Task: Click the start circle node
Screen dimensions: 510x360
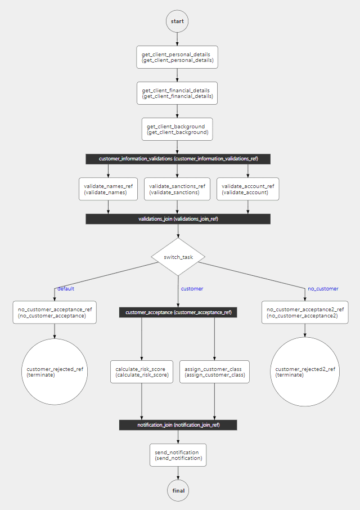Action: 177,21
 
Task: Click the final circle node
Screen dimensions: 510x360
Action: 178,490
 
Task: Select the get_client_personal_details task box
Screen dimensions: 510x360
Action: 177,57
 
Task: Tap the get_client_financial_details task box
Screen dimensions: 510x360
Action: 177,93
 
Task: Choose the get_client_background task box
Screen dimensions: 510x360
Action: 177,129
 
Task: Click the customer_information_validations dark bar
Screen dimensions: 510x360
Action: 178,159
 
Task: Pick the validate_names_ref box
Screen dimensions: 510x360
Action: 108,189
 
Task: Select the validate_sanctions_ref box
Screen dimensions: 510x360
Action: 177,189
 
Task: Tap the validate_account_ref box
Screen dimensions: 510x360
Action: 247,189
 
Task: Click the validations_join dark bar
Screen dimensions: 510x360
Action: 178,219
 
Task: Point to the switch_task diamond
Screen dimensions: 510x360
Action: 178,257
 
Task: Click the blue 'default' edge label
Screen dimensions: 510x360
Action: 66,289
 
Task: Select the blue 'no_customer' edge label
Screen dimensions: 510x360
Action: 323,289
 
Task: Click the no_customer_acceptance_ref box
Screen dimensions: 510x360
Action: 55,312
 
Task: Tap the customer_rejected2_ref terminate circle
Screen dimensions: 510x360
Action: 305,372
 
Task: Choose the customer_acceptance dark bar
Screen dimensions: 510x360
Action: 178,312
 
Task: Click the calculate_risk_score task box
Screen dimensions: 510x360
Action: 141,372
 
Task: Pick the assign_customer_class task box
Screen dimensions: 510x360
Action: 214,372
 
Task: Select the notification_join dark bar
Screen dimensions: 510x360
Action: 178,425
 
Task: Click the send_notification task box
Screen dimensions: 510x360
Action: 178,455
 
